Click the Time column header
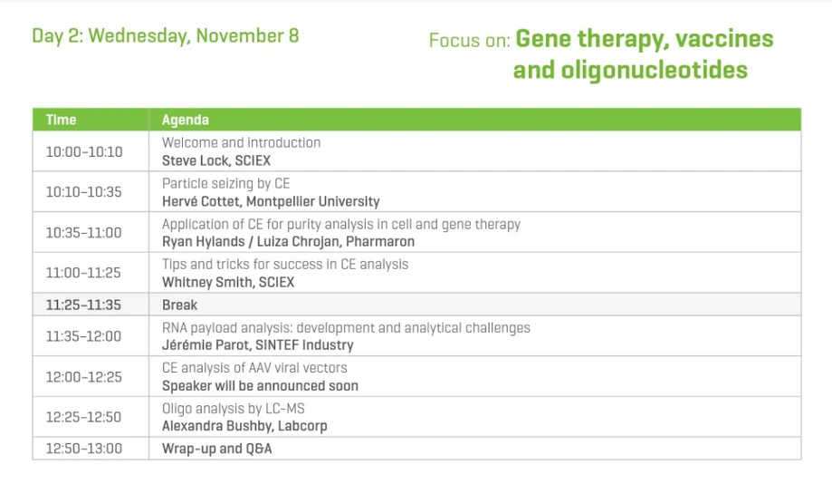pos(62,120)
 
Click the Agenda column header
pos(185,120)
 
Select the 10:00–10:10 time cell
pos(83,151)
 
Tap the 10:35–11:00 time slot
pos(83,233)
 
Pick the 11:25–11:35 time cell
pos(83,305)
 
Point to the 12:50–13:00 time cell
pos(83,449)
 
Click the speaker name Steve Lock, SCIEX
pos(215,160)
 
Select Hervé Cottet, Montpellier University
pos(271,201)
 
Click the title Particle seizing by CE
pos(225,183)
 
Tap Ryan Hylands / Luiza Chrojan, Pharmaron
pos(288,241)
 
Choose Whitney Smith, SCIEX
pos(227,282)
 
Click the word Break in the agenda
pos(179,305)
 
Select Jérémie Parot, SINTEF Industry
pos(257,344)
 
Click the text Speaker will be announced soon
pos(260,385)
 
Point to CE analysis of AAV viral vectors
pos(254,368)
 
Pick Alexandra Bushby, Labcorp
pos(244,426)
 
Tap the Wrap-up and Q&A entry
pos(216,449)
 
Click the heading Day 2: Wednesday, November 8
pos(166,36)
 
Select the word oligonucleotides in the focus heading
pos(630,70)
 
